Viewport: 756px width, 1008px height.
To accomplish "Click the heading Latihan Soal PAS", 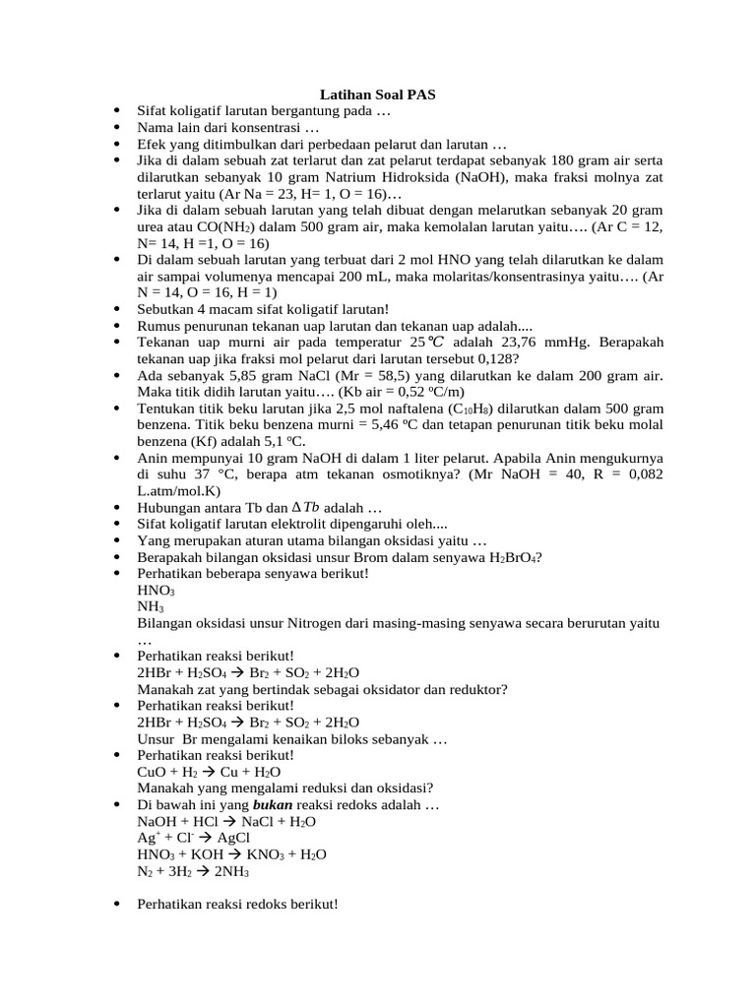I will [x=378, y=94].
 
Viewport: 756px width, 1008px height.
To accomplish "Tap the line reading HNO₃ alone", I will [x=157, y=590].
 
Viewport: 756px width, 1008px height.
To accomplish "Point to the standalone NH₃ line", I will [x=151, y=606].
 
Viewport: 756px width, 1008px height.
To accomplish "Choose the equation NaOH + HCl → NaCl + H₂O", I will [x=227, y=821].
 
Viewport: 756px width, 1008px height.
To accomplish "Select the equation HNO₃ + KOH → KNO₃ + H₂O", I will [x=232, y=854].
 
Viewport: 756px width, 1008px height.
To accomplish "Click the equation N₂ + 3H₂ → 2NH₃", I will [x=194, y=871].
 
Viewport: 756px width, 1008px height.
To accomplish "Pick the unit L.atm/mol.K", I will [x=180, y=490].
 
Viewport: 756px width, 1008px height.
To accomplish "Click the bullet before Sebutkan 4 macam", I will [x=117, y=309].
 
